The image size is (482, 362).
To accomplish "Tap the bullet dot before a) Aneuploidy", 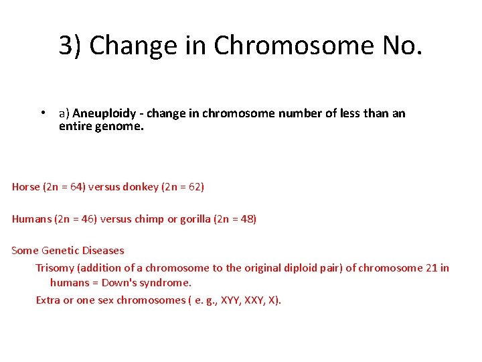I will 42,113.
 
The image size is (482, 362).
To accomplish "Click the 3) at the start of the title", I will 71,46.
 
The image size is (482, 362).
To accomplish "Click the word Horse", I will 26,186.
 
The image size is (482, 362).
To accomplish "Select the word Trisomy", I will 56,268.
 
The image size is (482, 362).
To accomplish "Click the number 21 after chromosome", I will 432,268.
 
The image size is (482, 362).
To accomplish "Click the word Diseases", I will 103,251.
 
